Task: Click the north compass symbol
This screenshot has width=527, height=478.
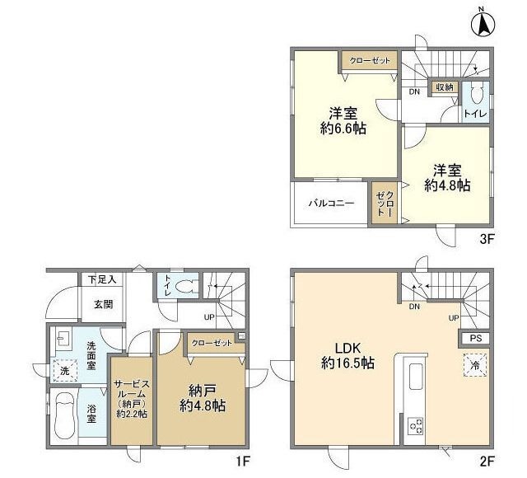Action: (483, 24)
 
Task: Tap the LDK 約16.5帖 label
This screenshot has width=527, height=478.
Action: (347, 355)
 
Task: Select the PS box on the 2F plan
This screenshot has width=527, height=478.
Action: (475, 338)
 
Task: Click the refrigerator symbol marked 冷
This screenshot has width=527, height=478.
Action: (475, 365)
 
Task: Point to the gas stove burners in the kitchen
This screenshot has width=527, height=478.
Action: (416, 425)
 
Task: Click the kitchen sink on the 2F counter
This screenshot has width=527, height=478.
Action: (416, 376)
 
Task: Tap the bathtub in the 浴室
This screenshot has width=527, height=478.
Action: (64, 416)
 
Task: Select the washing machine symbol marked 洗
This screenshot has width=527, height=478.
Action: (64, 370)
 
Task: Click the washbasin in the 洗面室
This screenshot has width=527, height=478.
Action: (63, 339)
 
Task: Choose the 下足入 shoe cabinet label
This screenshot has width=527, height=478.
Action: (102, 279)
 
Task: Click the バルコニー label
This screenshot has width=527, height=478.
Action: (331, 204)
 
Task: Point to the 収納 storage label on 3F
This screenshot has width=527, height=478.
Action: (445, 87)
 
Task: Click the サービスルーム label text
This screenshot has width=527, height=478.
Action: (131, 389)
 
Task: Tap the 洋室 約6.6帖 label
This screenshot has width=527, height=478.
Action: (343, 121)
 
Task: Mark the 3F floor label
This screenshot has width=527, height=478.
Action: (487, 240)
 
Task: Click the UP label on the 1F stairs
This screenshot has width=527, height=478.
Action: (209, 316)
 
